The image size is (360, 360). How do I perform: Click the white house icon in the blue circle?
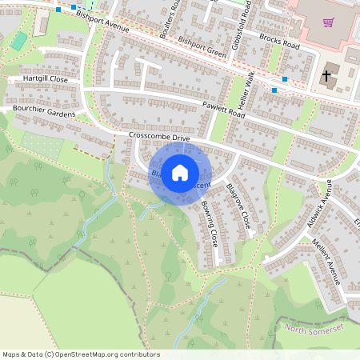coord(179,172)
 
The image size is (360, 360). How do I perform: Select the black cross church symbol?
coord(326,77)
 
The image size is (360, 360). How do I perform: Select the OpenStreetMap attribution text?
coord(81,354)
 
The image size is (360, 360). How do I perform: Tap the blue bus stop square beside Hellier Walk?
coord(274,90)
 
